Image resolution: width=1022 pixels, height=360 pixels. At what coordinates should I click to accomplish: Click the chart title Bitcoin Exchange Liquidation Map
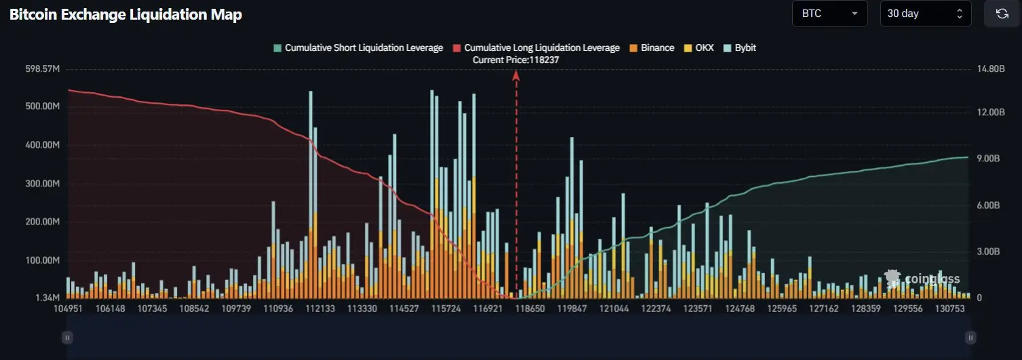point(125,14)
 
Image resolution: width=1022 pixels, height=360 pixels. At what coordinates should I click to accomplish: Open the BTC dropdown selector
point(829,14)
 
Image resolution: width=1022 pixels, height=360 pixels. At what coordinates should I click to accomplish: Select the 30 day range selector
point(926,14)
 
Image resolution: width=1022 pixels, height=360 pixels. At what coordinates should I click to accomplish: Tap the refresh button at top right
point(1002,14)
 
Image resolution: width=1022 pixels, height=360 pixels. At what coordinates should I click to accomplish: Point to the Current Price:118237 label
point(515,60)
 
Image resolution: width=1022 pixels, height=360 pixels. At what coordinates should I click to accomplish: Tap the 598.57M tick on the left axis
point(41,69)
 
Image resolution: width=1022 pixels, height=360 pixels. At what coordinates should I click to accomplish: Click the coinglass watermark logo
point(922,279)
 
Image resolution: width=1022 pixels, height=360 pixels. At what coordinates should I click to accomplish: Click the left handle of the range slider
point(67,337)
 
